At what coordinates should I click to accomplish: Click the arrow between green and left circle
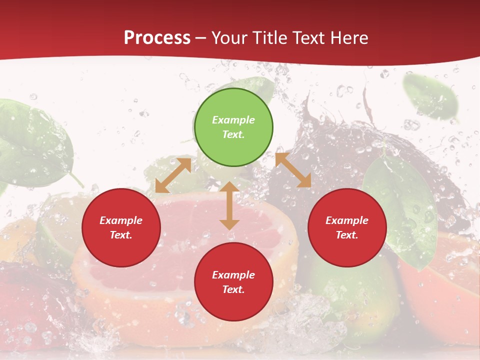(x=173, y=175)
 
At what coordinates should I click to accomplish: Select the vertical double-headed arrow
(x=229, y=205)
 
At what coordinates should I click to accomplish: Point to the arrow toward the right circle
(x=293, y=170)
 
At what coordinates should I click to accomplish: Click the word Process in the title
(x=157, y=38)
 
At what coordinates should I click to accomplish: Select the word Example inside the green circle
(x=233, y=120)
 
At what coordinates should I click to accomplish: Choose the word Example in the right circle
(x=347, y=220)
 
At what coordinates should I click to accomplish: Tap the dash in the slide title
(x=201, y=38)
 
